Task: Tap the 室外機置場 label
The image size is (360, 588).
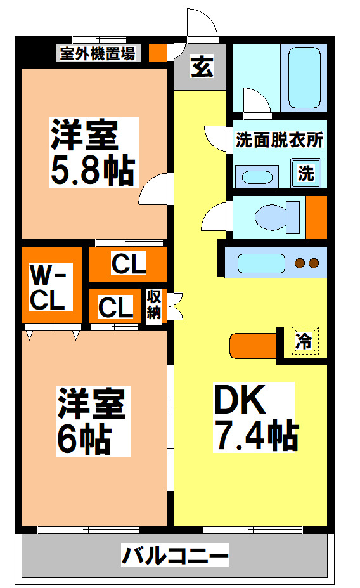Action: (97, 53)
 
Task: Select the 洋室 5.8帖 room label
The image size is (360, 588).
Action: (93, 152)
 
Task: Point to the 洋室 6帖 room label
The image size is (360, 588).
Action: (93, 421)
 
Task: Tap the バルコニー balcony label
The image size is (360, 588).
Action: (174, 558)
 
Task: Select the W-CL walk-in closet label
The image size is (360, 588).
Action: (48, 289)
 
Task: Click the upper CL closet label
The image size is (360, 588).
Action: (129, 264)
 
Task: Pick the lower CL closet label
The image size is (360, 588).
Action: (115, 308)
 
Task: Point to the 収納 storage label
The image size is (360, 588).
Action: (154, 304)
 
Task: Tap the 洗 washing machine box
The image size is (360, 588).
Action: (306, 173)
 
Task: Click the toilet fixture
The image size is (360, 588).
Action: (277, 217)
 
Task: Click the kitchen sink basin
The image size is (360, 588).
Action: (259, 261)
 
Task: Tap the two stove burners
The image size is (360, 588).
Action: (307, 262)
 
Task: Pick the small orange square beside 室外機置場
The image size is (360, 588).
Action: (158, 53)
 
